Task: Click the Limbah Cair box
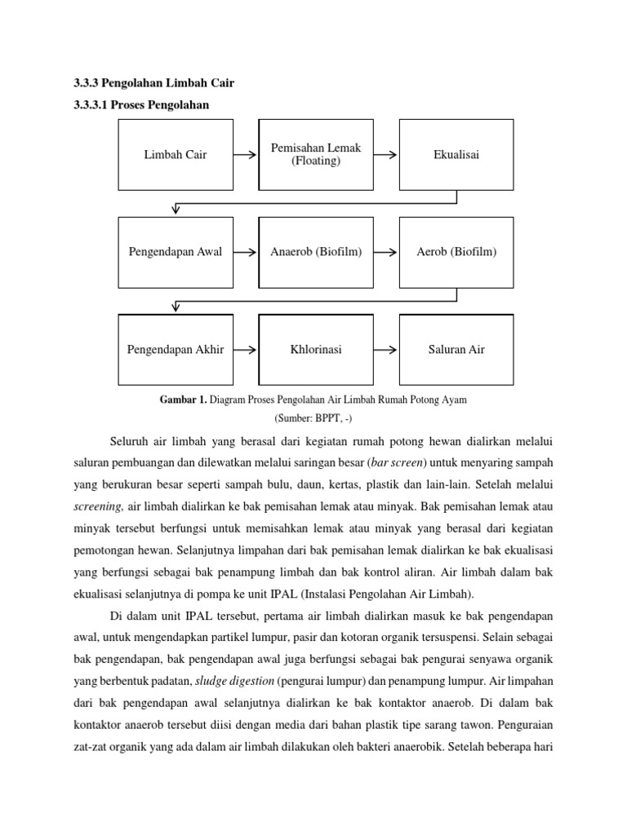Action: click(x=176, y=155)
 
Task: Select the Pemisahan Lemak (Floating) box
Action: click(x=316, y=155)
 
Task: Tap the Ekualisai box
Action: click(x=456, y=155)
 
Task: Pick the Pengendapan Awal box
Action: click(x=176, y=252)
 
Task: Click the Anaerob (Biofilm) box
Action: click(x=316, y=252)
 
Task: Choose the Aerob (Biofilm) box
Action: click(x=456, y=252)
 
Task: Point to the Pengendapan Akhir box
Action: click(x=176, y=350)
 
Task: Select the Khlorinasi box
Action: click(x=316, y=350)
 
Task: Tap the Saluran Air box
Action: click(x=456, y=350)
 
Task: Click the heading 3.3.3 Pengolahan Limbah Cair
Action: click(x=148, y=83)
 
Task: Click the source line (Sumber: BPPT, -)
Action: click(x=316, y=418)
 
